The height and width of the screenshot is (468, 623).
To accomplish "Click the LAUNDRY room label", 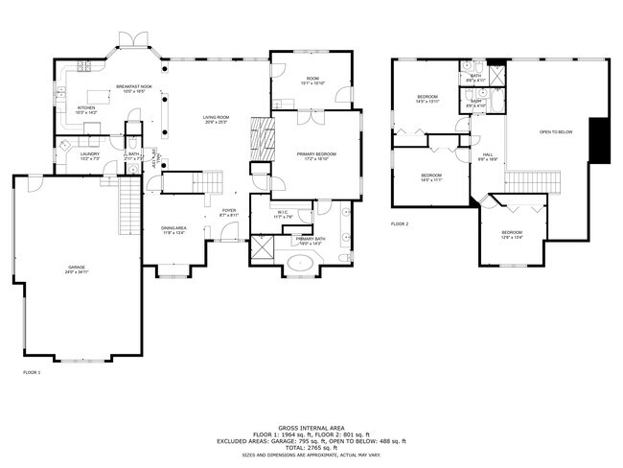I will pos(90,154).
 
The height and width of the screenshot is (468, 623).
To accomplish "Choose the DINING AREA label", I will pos(173,228).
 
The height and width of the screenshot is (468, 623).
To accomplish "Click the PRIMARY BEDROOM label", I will pos(315,154).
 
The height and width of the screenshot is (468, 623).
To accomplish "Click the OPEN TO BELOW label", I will pos(556,132).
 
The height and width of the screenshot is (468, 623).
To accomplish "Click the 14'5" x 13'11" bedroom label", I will pos(427,98).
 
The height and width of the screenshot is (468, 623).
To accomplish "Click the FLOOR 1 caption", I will pos(32,371).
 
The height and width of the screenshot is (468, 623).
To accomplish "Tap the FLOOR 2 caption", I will pos(400,223).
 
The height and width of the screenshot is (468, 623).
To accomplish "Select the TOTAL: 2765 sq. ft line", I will pos(311,448).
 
